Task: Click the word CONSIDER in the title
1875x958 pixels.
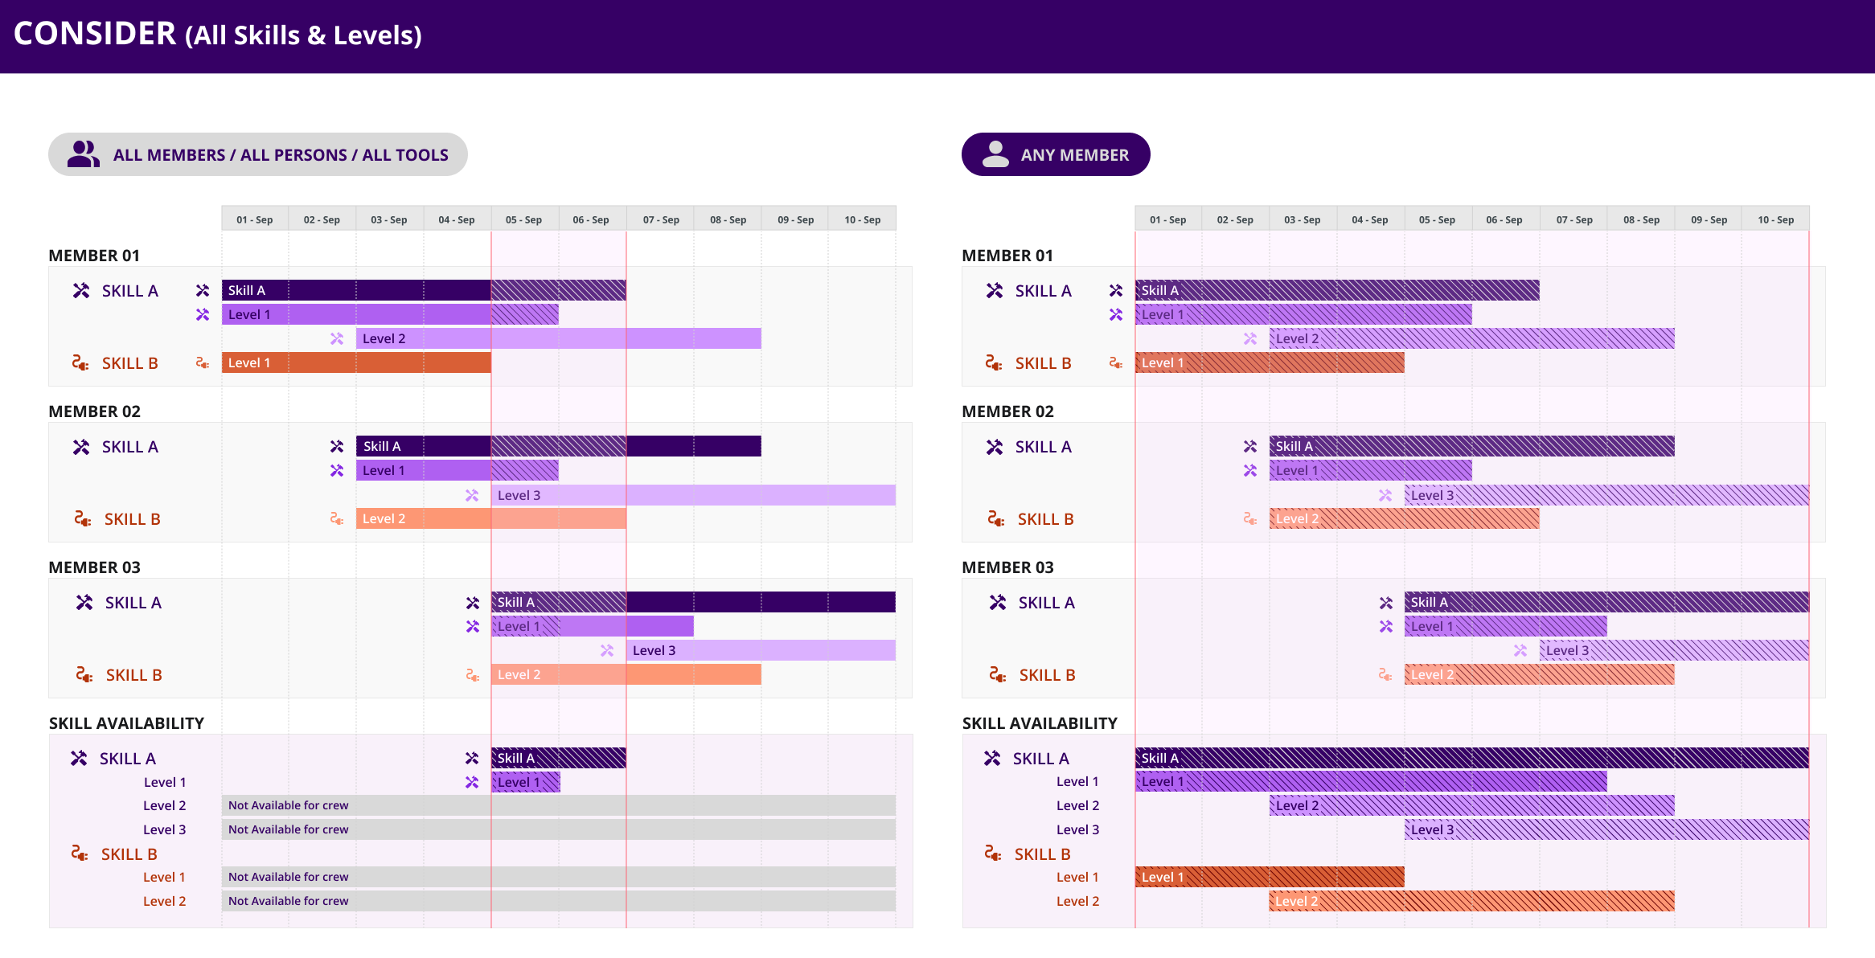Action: click(95, 34)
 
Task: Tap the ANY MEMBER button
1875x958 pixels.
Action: click(1055, 154)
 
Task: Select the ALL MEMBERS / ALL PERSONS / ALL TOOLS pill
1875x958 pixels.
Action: click(257, 154)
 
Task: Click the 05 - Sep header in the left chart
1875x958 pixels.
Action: click(523, 219)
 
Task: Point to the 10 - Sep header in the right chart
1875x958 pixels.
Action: click(1775, 219)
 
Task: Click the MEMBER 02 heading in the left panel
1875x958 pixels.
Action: click(94, 411)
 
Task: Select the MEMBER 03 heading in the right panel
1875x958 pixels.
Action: click(1007, 567)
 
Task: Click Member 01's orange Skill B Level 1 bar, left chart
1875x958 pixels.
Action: click(356, 362)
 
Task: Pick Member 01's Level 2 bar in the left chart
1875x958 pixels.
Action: click(558, 338)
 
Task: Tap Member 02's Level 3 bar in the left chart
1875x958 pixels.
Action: click(693, 495)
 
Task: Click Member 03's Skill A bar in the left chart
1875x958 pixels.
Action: click(693, 602)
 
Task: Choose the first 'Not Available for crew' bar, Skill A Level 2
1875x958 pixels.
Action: click(558, 805)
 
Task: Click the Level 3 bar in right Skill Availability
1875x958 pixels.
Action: click(1606, 829)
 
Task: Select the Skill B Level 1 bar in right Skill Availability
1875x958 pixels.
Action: click(1270, 877)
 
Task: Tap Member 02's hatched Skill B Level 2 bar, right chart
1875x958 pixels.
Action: click(1404, 518)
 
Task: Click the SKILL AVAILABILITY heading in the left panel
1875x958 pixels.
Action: click(126, 723)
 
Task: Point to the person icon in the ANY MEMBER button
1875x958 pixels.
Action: click(995, 154)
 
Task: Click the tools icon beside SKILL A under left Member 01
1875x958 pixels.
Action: click(81, 291)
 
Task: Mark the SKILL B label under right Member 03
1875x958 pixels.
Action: click(1047, 675)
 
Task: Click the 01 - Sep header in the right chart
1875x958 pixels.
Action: click(1167, 219)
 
